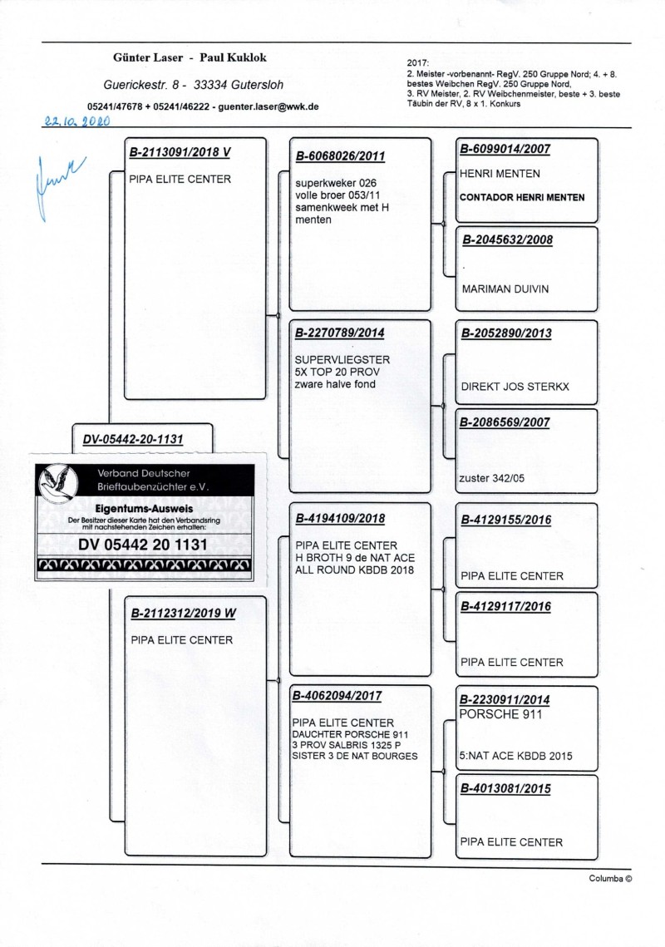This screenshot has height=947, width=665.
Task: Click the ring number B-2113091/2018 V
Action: click(180, 153)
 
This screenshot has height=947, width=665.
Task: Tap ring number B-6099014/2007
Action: click(505, 150)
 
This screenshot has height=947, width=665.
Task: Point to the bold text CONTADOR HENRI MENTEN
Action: click(522, 198)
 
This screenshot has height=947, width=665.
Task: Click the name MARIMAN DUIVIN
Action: click(505, 289)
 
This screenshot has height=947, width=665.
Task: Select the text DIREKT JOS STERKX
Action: click(515, 387)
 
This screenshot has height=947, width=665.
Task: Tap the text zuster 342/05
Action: click(491, 478)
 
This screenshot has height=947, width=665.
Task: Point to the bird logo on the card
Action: click(59, 482)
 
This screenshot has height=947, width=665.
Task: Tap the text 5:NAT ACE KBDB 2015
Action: click(515, 757)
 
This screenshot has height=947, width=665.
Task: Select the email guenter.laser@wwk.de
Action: click(268, 107)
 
